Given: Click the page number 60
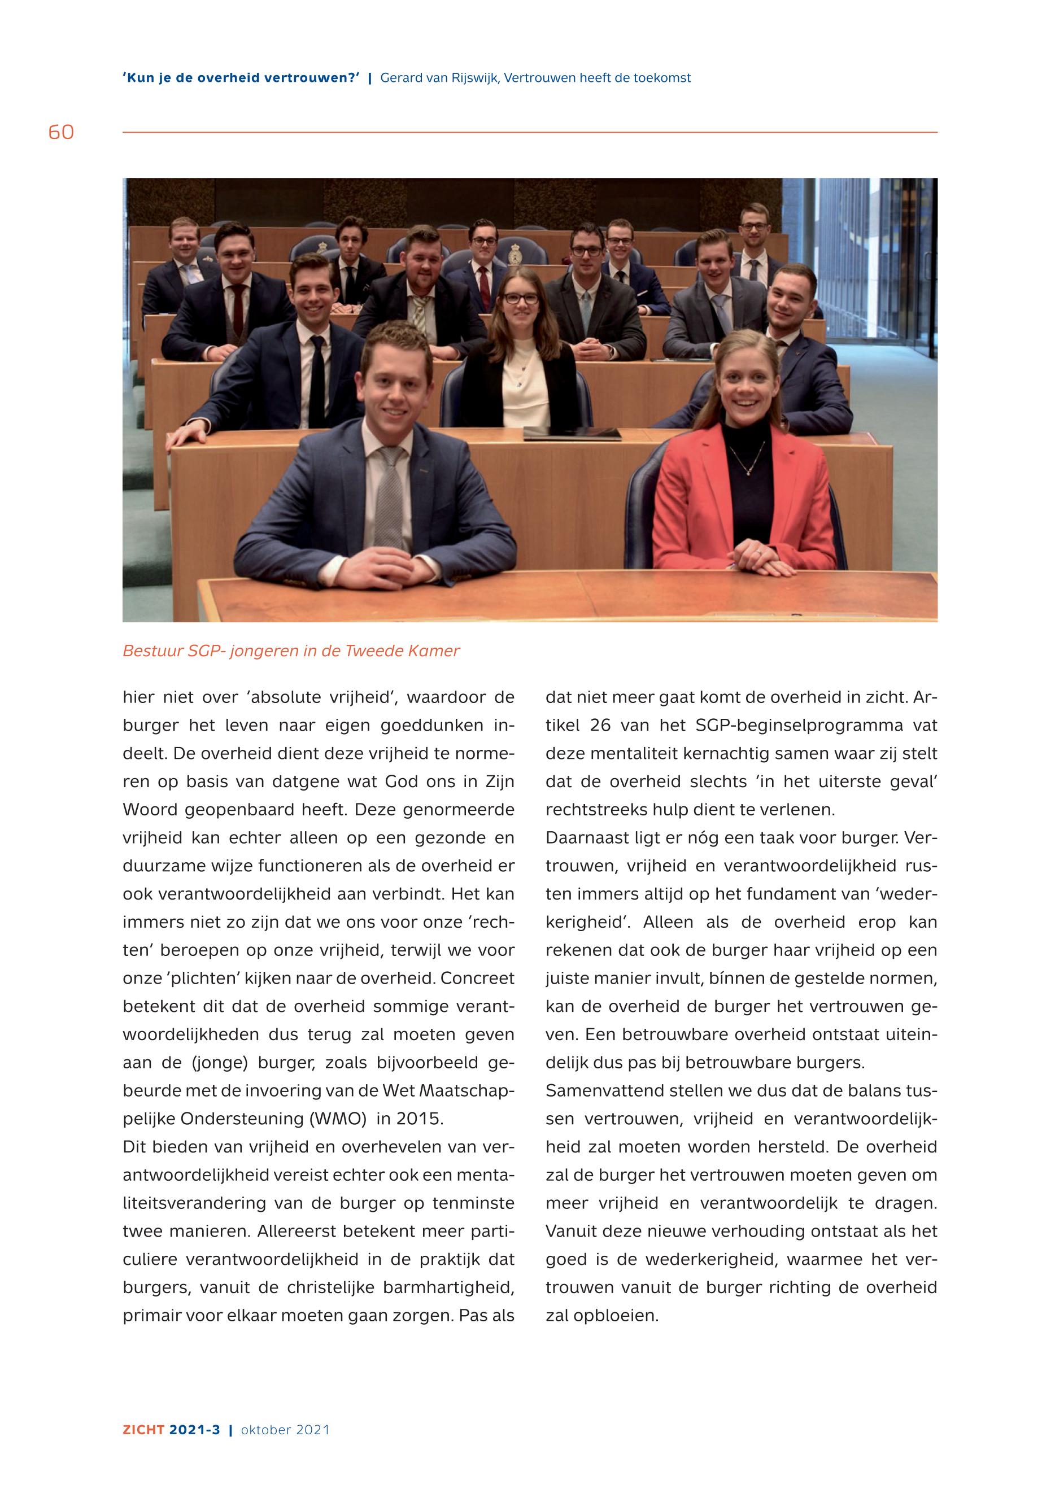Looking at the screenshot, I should click(x=61, y=133).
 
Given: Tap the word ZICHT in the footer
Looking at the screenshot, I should click(x=143, y=1430).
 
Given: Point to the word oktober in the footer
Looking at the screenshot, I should click(x=265, y=1430).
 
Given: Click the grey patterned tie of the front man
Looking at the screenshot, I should click(x=390, y=496).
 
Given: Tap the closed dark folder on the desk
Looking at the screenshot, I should click(x=572, y=432).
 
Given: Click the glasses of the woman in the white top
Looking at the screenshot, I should click(x=520, y=298).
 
